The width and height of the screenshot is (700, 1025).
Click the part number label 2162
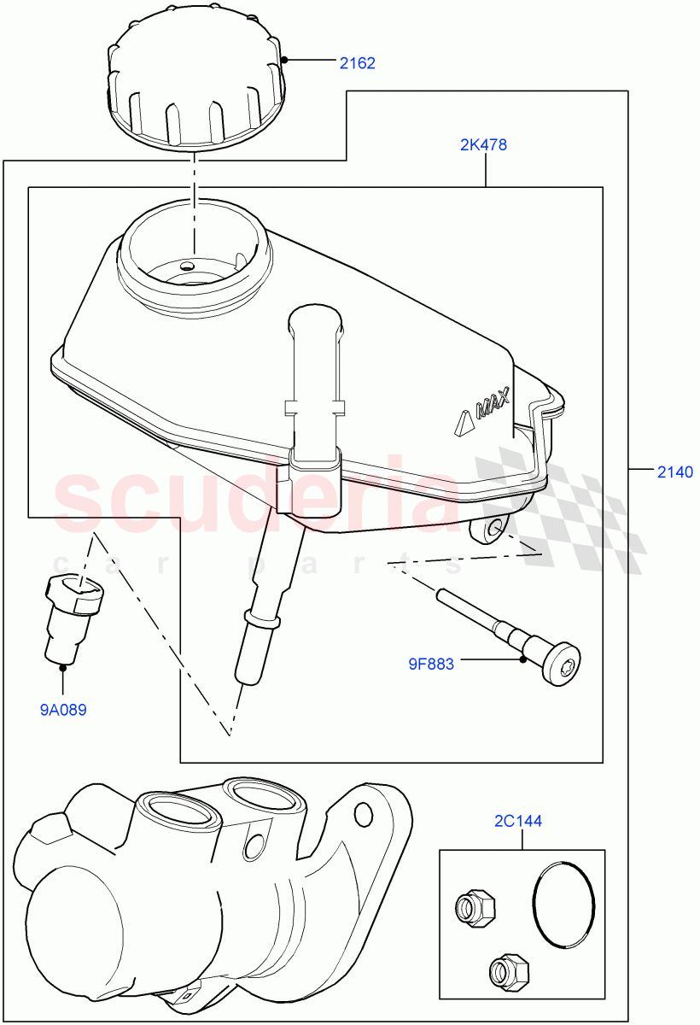pos(357,62)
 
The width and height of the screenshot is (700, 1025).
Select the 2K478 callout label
pos(483,145)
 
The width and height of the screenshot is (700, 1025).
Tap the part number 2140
pos(674,471)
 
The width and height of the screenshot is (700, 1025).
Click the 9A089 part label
pos(64,709)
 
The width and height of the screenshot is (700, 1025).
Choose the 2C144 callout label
pos(517,822)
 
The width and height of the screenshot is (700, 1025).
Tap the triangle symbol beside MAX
pos(464,423)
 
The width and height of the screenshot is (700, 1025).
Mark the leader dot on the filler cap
pos(285,60)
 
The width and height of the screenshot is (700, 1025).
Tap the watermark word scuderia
pos(256,500)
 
